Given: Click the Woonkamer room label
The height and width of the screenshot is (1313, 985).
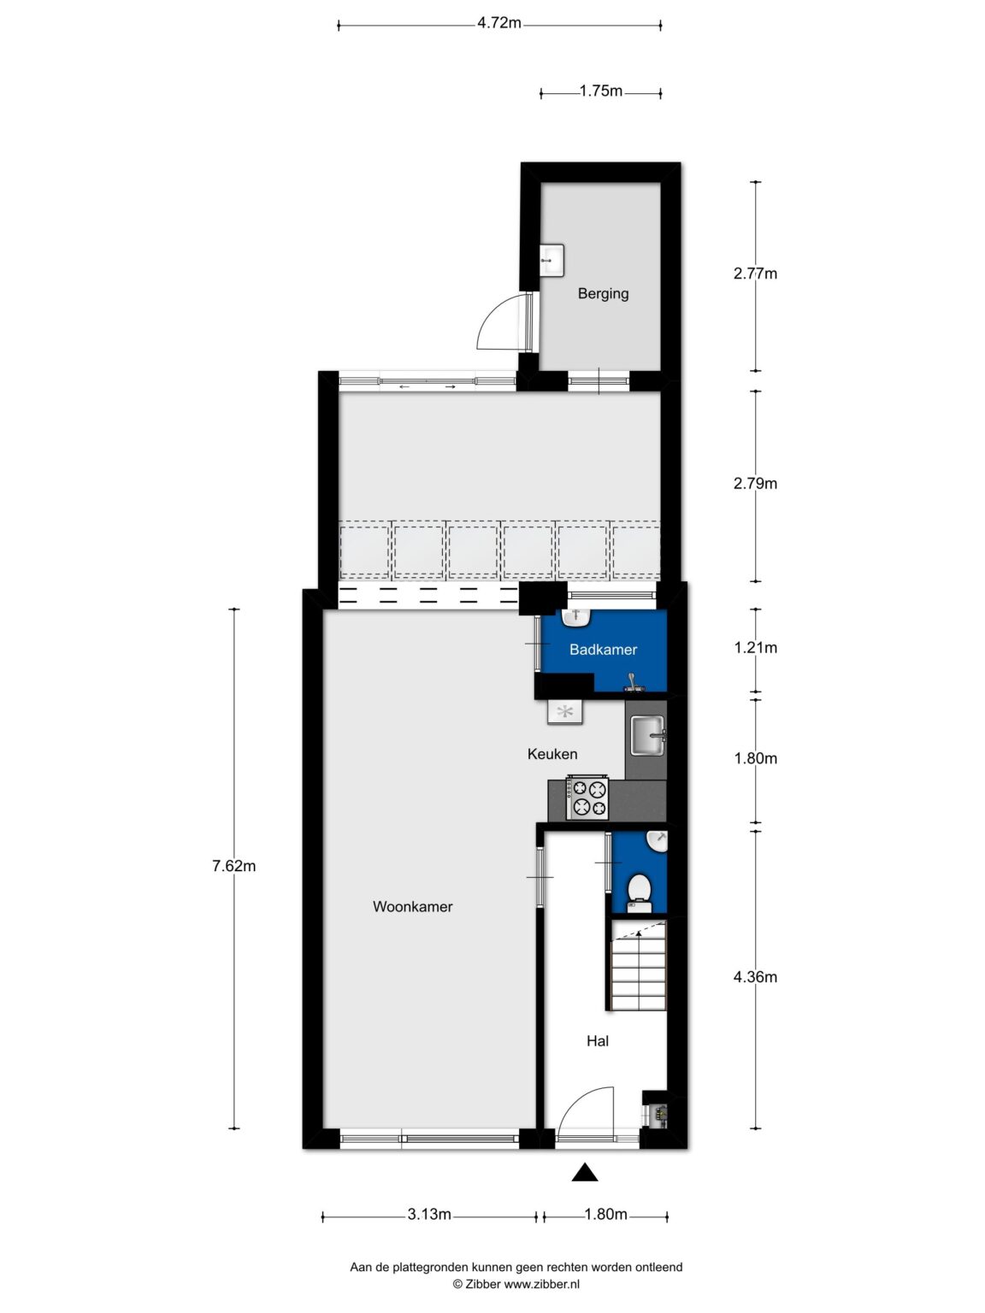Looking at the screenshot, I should tap(412, 906).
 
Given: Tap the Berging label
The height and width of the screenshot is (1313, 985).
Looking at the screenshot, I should tap(603, 293).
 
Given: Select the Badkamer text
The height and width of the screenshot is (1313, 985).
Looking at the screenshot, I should tap(603, 650).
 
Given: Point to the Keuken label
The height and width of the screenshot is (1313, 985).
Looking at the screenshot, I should tap(551, 754).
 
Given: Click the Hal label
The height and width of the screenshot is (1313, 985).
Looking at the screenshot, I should tap(597, 1040).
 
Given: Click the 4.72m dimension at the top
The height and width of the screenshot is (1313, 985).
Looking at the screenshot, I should tap(499, 23).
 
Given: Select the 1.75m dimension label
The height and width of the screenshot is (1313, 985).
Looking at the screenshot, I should tap(600, 91).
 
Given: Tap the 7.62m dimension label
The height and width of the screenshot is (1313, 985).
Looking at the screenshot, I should tap(233, 866).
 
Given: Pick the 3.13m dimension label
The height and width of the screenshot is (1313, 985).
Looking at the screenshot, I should tap(428, 1215).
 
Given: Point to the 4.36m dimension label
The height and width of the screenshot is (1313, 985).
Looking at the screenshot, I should tap(755, 977).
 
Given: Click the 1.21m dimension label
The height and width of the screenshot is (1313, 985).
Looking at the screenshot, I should tap(755, 647).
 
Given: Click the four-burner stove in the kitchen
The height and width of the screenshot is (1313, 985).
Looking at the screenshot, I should tap(587, 798).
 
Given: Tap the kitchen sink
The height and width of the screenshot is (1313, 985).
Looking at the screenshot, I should tap(647, 735).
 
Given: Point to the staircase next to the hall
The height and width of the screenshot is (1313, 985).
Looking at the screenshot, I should tap(638, 966).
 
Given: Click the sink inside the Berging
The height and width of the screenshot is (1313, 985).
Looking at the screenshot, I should tap(551, 259).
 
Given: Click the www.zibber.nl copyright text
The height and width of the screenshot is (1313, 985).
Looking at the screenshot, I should tap(516, 1284).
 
